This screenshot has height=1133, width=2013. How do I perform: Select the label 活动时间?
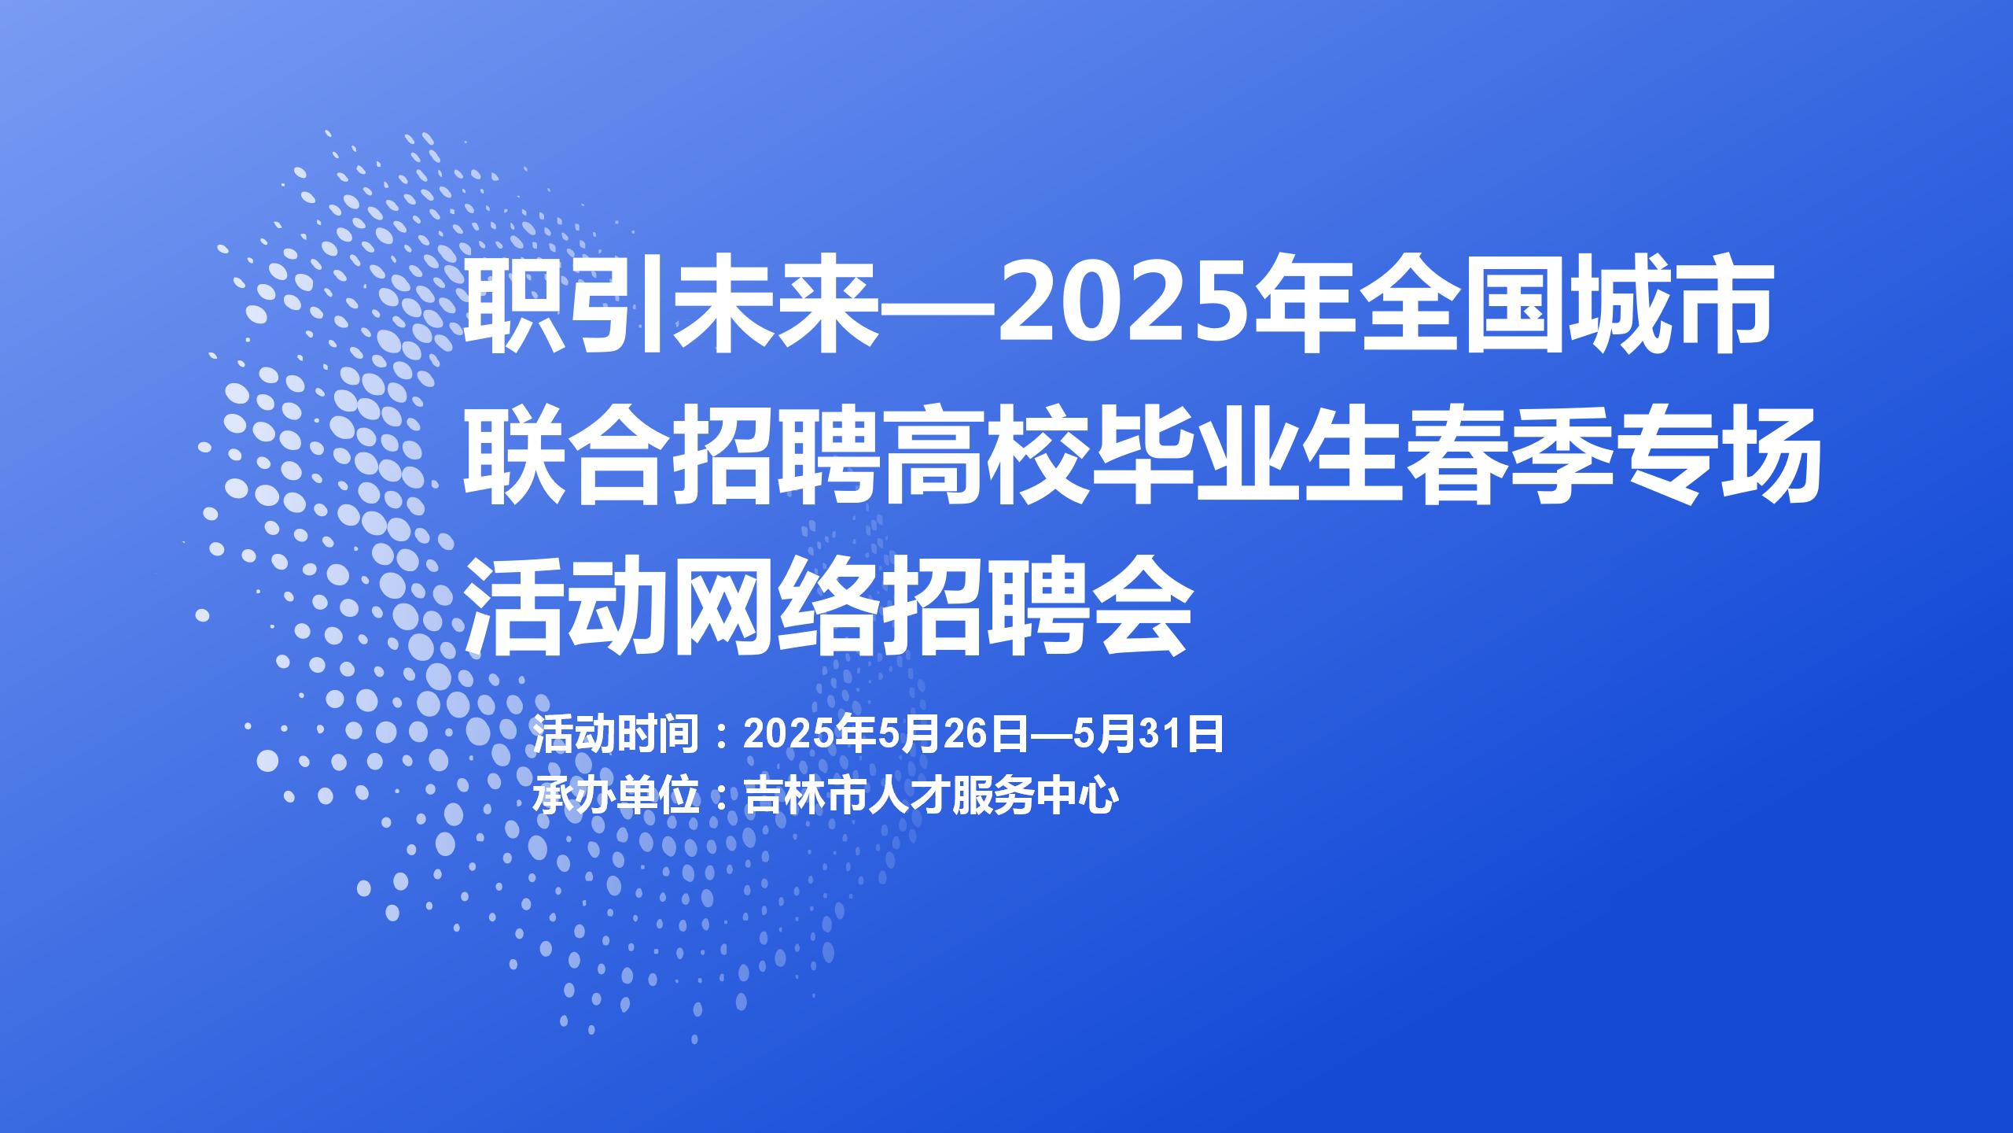pyautogui.click(x=616, y=735)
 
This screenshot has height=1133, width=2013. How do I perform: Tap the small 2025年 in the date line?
pyautogui.click(x=809, y=735)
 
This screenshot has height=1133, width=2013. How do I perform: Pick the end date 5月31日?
pyautogui.click(x=1149, y=735)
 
